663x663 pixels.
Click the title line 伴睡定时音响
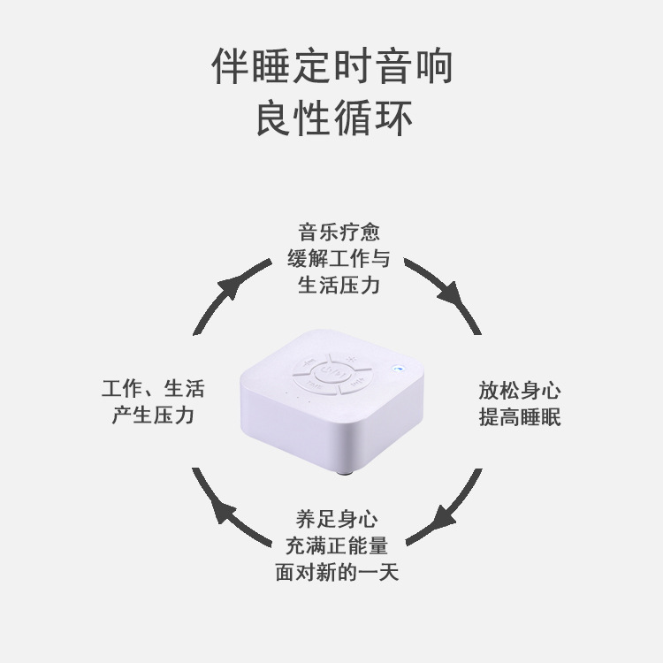pos(332,67)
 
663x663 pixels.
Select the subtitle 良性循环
pos(332,119)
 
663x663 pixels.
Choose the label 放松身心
pos(520,391)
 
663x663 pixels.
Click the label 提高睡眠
pos(520,417)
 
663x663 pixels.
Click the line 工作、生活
pos(152,389)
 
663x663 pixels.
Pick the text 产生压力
pos(152,415)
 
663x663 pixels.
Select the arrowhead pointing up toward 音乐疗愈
pos(228,287)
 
